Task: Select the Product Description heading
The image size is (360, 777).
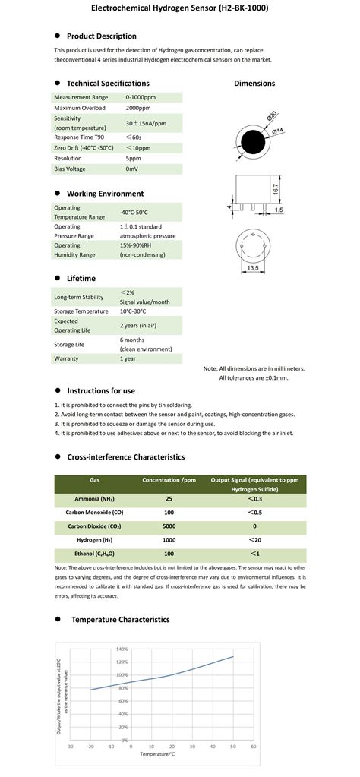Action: coord(101,36)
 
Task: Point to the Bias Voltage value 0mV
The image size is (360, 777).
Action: coord(131,169)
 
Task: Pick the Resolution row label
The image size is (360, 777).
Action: coord(69,158)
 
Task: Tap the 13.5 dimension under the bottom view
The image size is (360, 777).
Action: coord(251,268)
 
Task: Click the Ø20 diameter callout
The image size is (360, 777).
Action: coord(271,117)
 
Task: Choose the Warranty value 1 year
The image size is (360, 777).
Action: coord(129,358)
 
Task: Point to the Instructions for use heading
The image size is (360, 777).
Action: coord(101,390)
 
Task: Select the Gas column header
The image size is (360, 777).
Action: coord(94,480)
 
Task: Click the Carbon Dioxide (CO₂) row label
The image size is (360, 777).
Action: coord(94,525)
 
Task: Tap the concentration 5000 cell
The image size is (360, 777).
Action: coord(169,525)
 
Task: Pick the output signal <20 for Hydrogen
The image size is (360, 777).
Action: coord(254,539)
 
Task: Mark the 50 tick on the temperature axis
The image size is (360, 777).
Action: coord(232,747)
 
